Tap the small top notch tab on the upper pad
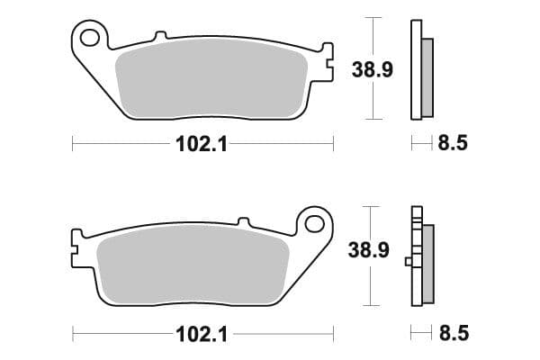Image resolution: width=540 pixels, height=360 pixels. click(160, 36)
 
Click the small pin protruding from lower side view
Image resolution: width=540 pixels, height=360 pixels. click(409, 262)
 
